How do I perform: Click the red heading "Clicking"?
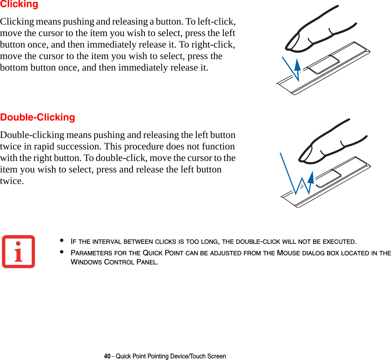(19, 4)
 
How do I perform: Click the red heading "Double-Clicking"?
(38, 117)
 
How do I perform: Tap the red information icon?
(18, 252)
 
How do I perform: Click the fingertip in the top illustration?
(292, 43)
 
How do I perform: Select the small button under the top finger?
(323, 65)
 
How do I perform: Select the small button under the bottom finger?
(327, 178)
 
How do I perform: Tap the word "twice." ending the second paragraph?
(12, 181)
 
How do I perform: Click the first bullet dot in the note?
(62, 241)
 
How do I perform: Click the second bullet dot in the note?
(62, 252)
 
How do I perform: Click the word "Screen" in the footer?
(217, 356)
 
